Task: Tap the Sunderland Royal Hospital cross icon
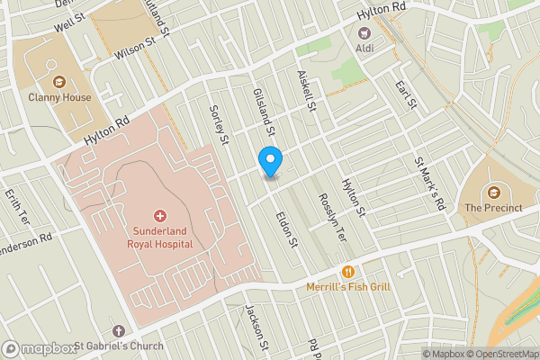point(160,216)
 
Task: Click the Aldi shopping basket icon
point(364,32)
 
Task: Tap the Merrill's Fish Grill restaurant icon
point(346,271)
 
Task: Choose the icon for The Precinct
point(493,192)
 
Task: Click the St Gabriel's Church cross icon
point(119,330)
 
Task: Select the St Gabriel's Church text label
point(119,346)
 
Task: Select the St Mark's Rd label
point(429,184)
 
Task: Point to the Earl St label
point(406,95)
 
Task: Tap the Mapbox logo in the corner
point(39,348)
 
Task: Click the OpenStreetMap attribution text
point(500,354)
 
